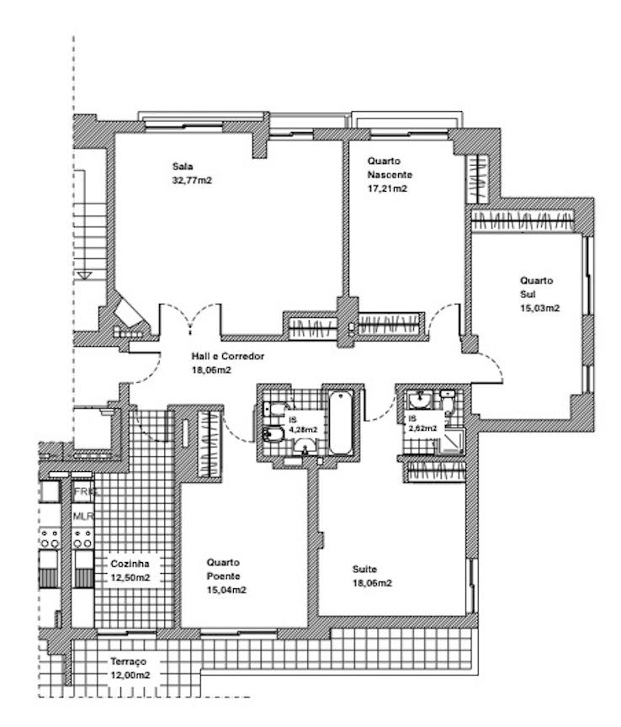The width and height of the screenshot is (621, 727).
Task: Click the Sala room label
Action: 183,166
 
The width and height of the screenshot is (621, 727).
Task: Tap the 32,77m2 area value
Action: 192,180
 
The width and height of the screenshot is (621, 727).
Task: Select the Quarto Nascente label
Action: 390,167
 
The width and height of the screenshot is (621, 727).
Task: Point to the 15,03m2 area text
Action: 540,308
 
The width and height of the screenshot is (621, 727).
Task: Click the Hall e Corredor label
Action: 228,356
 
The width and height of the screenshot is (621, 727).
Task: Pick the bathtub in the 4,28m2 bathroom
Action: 341,422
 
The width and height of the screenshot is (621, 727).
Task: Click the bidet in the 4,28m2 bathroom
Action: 273,434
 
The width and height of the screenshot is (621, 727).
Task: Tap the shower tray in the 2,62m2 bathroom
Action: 450,440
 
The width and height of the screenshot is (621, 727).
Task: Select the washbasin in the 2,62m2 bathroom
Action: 420,400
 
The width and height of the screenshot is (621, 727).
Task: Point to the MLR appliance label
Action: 83,516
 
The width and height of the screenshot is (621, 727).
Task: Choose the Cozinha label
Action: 130,564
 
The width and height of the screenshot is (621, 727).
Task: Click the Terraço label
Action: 128,661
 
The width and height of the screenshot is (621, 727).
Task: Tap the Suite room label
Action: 364,569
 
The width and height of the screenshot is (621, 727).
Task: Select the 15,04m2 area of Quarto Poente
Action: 226,590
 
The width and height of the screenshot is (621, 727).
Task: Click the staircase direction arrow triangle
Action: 85,275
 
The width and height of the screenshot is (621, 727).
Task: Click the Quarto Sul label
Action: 536,287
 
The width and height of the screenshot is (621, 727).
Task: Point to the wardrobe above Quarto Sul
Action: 523,220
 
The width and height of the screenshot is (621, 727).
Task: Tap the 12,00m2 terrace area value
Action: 130,675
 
